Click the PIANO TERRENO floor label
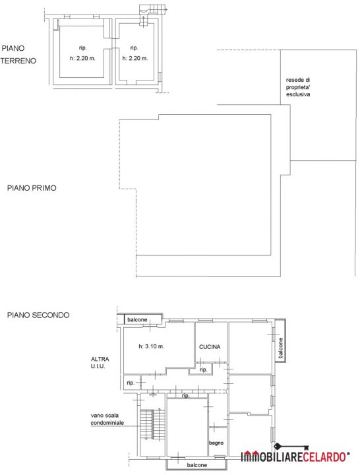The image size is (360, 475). tap(18, 55)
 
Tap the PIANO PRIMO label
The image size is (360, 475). tap(32, 188)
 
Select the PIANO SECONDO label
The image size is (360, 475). tap(38, 315)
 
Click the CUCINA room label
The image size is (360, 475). tap(210, 347)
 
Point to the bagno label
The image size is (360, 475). tap(216, 443)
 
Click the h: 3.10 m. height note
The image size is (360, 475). tap(152, 346)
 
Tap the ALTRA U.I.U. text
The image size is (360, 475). tap(100, 363)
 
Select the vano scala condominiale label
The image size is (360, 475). tap(107, 419)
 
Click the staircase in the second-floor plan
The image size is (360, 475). tap(152, 424)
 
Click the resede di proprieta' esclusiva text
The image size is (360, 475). tap(298, 87)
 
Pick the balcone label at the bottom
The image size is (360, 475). tap(196, 465)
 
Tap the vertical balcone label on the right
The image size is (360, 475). tap(281, 348)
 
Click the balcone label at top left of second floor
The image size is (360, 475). tap(137, 319)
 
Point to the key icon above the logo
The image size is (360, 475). tap(291, 447)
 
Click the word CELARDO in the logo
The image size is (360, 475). tap(324, 457)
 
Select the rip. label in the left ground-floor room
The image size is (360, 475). tap(82, 47)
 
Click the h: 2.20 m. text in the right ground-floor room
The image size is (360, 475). tap(135, 58)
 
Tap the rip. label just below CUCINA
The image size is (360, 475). tap(203, 369)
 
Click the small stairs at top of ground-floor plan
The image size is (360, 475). tap(153, 9)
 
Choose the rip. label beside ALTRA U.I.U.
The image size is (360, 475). tap(131, 383)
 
